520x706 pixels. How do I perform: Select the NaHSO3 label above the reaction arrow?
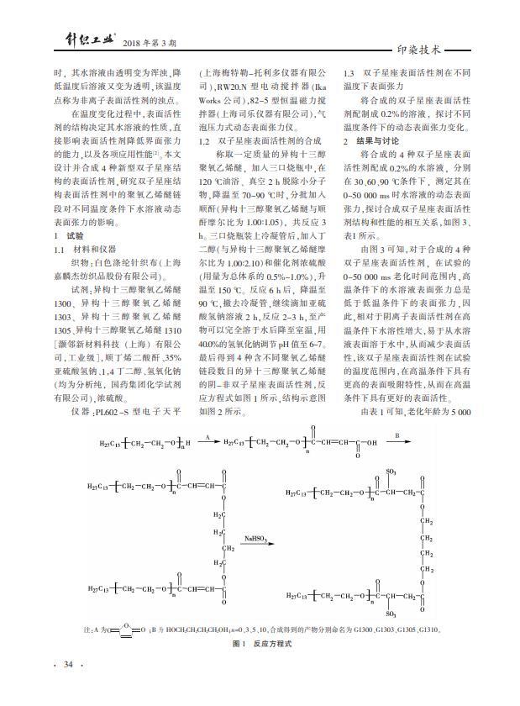(255, 535)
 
